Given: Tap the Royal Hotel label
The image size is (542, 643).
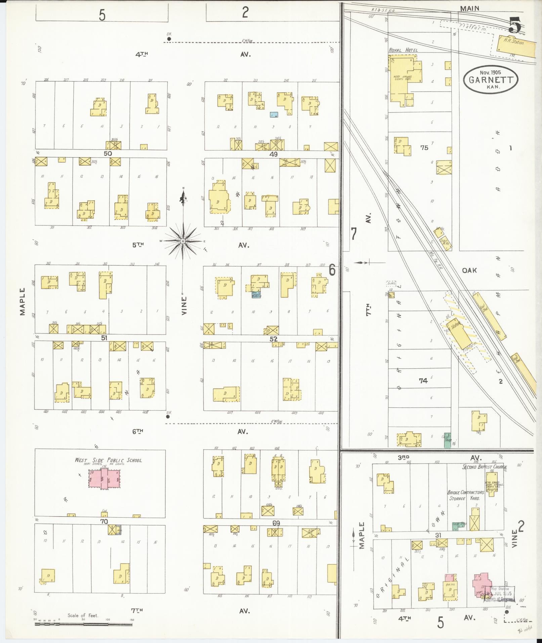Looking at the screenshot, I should pos(403,50).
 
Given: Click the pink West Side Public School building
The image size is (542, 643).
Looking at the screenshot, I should pos(104,479).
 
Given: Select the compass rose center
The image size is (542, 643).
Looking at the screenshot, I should pos(183,241).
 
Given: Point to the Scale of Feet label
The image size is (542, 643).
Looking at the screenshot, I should pos(83,615).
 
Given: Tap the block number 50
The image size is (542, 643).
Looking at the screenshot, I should pos(108,153).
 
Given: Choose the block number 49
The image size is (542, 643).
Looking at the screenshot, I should pos(274,154).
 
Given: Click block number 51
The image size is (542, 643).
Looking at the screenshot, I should pos(104,338).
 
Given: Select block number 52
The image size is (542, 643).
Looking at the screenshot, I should pos(274,339).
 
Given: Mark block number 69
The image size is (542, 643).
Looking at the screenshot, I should pos(276,523).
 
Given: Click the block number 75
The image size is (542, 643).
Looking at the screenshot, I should pos(424,147).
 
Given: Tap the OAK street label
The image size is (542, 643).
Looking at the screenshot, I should pos(469,270).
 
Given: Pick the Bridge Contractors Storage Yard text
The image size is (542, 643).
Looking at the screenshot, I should pos(465,495).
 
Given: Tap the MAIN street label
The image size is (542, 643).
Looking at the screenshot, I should pos(469,9).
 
